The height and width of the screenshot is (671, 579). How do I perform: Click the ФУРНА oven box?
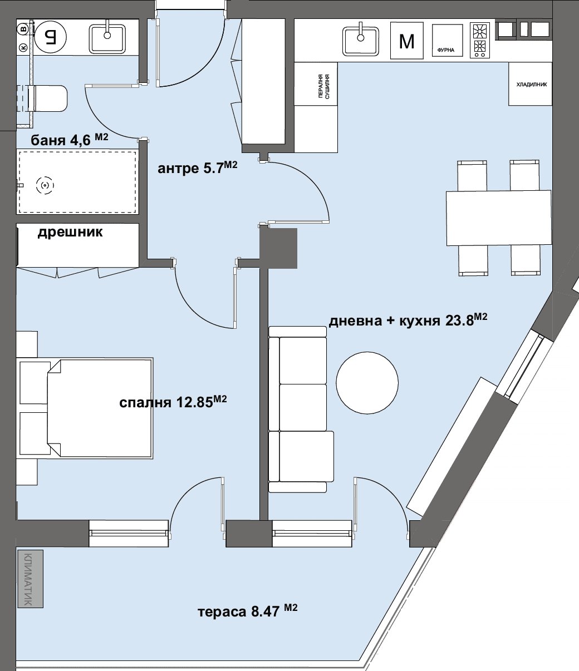[447, 40]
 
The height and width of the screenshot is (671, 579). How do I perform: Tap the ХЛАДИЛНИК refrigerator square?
[530, 84]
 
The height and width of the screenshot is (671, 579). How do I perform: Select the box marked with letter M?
[407, 41]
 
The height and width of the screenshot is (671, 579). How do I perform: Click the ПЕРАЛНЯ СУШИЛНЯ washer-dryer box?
[316, 84]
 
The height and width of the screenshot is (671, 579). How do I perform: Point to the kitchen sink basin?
[360, 41]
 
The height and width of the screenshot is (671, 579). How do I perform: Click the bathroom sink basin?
[107, 38]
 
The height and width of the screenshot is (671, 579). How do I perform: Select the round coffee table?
[367, 383]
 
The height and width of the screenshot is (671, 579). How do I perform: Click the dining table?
[499, 218]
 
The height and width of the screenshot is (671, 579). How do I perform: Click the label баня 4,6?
[69, 140]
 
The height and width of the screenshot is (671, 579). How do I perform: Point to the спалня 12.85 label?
[173, 402]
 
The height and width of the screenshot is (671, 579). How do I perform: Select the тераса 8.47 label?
[248, 611]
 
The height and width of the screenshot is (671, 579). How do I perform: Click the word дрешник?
[70, 233]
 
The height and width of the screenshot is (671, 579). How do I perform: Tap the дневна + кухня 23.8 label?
[408, 320]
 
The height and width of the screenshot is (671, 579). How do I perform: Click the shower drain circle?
[45, 185]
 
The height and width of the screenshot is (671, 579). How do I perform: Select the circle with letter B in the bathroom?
[23, 29]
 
